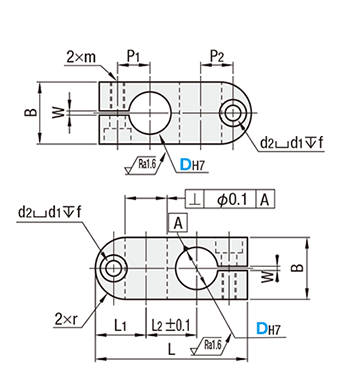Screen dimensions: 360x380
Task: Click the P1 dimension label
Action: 133,57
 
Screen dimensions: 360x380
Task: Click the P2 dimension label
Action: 217,57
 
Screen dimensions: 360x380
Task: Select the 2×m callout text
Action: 81,57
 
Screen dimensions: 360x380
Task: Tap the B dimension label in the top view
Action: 31,113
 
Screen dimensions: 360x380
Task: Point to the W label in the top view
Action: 59,113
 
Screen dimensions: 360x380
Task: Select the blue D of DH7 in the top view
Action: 185,165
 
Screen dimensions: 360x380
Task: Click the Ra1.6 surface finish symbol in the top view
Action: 143,165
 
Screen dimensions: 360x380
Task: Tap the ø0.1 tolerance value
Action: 232,200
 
